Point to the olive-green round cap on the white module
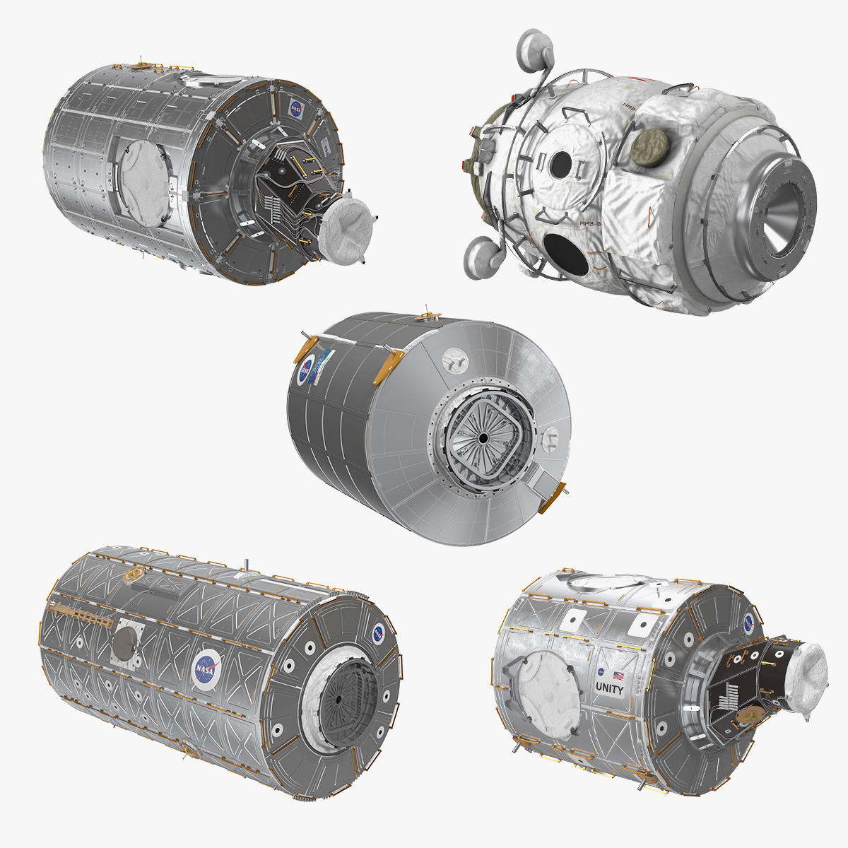(x=644, y=146)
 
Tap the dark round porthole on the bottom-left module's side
(x=124, y=642)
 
